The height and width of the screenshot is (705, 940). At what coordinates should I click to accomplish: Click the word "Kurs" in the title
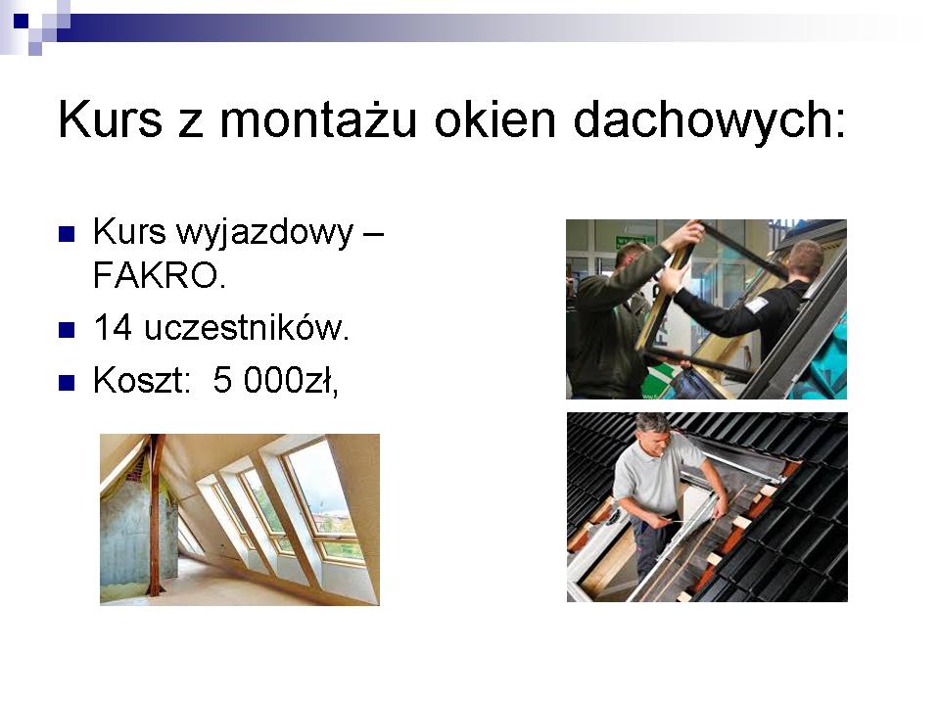[111, 119]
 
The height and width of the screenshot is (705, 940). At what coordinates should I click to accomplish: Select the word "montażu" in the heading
[318, 119]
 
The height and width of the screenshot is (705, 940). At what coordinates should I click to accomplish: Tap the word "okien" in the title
[495, 118]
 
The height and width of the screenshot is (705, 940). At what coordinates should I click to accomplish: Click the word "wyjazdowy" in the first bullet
[265, 234]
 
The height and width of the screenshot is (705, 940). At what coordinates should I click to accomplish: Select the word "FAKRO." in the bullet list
[160, 276]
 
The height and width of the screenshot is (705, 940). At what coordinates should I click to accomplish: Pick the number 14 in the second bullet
[113, 328]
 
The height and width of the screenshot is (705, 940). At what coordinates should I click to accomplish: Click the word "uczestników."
[247, 328]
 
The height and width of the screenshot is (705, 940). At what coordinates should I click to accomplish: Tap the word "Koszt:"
[141, 381]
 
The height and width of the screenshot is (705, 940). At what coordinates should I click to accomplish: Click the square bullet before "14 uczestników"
[67, 330]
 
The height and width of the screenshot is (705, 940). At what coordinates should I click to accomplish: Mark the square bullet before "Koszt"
[67, 383]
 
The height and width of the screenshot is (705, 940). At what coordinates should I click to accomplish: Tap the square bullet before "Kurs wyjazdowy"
[67, 234]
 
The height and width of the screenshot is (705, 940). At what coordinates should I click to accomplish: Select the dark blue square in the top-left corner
[21, 21]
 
